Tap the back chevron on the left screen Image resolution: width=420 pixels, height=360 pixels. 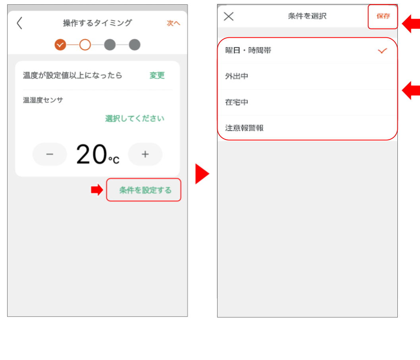click(19, 23)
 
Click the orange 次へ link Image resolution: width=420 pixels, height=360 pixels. click(173, 23)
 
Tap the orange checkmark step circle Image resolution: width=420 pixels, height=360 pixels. click(60, 45)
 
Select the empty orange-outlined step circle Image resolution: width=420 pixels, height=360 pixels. click(85, 45)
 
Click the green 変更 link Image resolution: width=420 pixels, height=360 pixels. click(157, 75)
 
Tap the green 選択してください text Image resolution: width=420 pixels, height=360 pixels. click(135, 118)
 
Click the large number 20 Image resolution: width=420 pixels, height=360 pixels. click(91, 154)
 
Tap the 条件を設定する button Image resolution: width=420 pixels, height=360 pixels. click(145, 190)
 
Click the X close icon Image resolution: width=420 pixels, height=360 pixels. click(229, 16)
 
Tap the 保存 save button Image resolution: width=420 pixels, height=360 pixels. click(383, 16)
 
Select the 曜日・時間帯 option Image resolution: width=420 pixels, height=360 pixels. click(248, 50)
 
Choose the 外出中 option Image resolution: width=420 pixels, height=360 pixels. click(237, 76)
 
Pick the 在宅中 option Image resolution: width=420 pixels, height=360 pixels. click(237, 102)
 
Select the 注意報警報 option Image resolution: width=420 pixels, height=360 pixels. click(244, 128)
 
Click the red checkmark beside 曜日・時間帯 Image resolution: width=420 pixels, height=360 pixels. click(382, 51)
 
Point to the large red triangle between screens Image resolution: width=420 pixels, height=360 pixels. click(201, 174)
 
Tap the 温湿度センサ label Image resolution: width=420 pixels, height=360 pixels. click(43, 100)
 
